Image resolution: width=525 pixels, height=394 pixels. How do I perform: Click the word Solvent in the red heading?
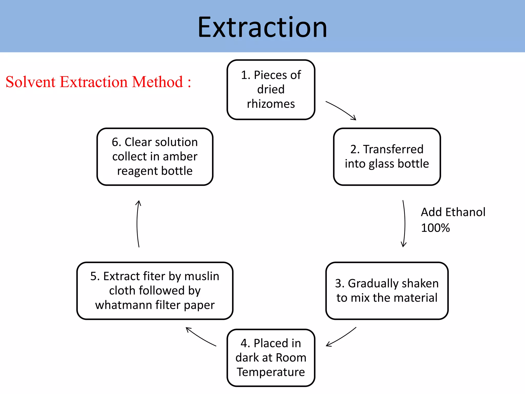coord(31,82)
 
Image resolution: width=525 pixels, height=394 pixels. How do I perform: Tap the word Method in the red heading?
coord(157,82)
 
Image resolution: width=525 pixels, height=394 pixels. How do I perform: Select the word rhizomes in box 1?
coord(271,104)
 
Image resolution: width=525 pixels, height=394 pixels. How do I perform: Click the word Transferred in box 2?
coord(393,149)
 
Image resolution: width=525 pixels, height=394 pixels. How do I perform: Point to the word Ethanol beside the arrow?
coord(465,212)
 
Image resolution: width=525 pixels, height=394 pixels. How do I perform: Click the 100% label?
coord(435,228)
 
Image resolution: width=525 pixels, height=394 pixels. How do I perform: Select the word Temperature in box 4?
coord(271,372)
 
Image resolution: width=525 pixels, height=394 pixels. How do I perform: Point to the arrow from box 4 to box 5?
coord(200,337)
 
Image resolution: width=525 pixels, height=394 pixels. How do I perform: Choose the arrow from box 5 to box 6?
coord(138,224)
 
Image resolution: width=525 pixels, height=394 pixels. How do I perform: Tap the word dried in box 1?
coord(271,90)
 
